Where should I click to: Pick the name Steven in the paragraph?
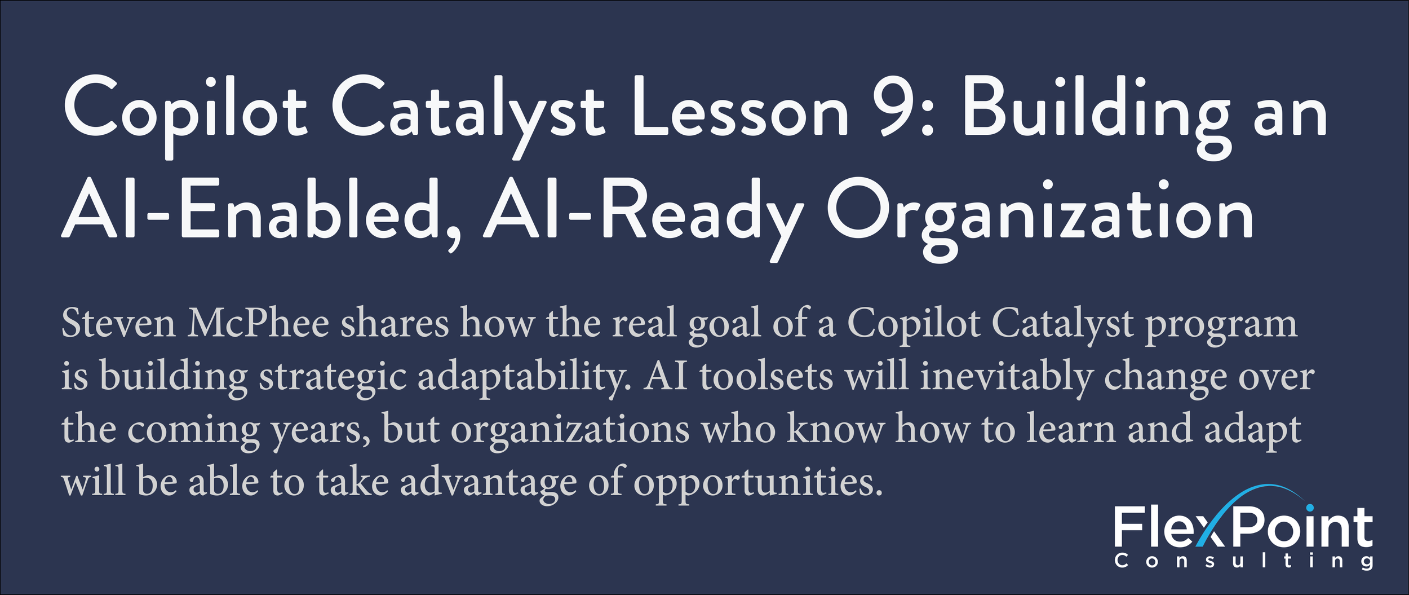pyautogui.click(x=118, y=324)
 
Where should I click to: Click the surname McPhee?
pyautogui.click(x=259, y=324)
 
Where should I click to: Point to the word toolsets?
pyautogui.click(x=766, y=376)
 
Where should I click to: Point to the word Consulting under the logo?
pyautogui.click(x=1243, y=561)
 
